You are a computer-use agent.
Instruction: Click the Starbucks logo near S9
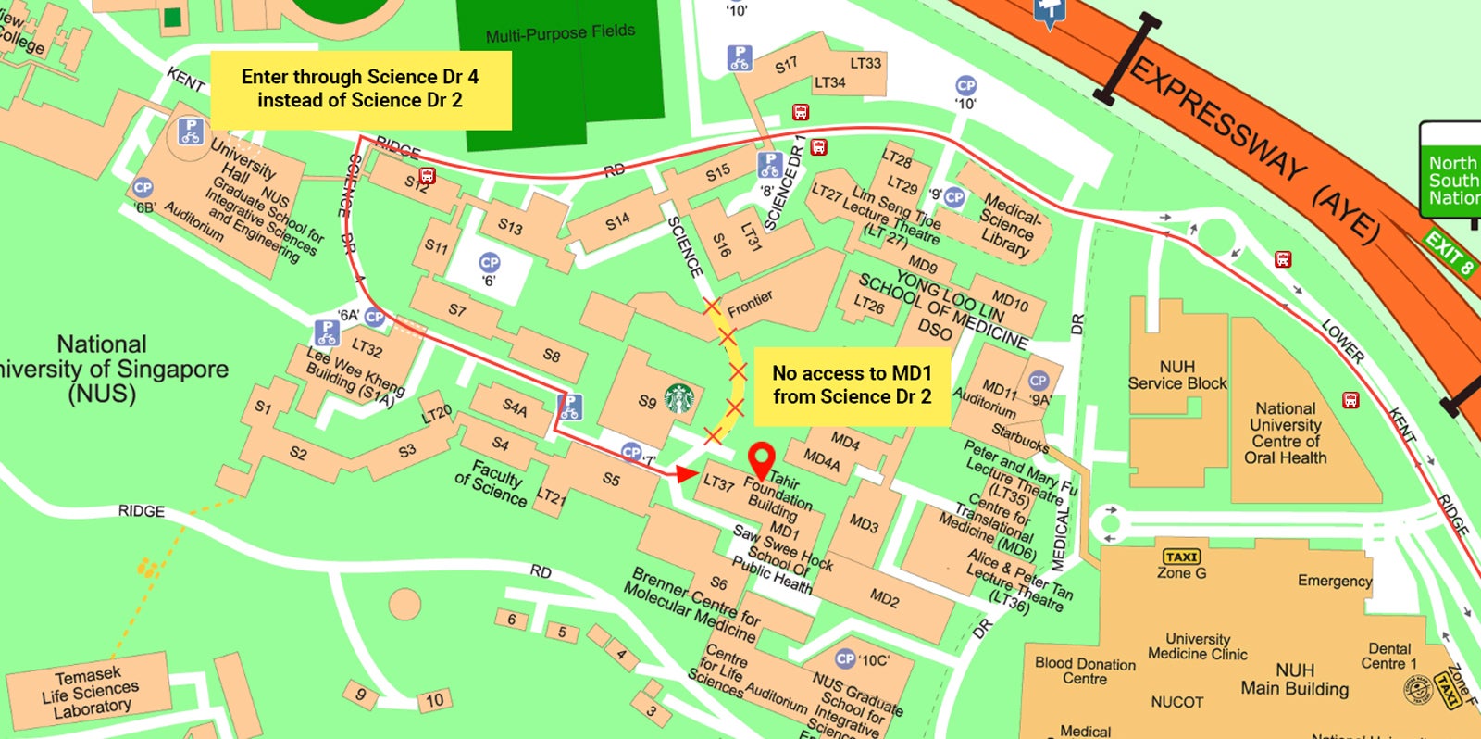(678, 399)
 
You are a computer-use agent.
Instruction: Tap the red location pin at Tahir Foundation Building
(761, 458)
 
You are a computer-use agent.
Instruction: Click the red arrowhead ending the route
(685, 474)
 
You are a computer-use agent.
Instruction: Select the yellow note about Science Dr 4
(360, 89)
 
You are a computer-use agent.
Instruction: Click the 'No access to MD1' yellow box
(852, 385)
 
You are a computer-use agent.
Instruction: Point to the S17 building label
(786, 65)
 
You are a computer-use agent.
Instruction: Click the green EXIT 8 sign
(1450, 254)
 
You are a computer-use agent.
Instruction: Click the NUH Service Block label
(1176, 375)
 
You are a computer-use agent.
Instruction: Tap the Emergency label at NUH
(1334, 581)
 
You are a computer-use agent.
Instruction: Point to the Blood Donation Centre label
(1085, 670)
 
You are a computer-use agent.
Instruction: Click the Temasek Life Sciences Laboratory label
(90, 692)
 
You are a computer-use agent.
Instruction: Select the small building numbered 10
(434, 700)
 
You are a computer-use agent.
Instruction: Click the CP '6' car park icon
(490, 263)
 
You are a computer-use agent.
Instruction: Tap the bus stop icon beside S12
(427, 175)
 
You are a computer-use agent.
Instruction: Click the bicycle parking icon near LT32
(326, 332)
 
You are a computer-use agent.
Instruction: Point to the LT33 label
(865, 63)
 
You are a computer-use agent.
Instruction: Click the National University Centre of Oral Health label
(1285, 432)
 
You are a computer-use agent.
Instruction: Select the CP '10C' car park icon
(845, 658)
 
